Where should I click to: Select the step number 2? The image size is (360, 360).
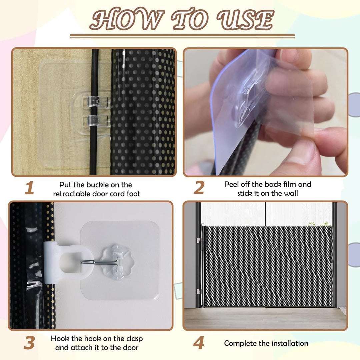[199, 188]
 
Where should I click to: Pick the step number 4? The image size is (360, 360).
[199, 343]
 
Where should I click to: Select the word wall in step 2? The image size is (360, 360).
[291, 193]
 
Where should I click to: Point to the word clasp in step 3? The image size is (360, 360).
[134, 339]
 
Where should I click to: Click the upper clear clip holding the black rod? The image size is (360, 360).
[96, 101]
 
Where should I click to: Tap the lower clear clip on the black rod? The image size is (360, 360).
[97, 121]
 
